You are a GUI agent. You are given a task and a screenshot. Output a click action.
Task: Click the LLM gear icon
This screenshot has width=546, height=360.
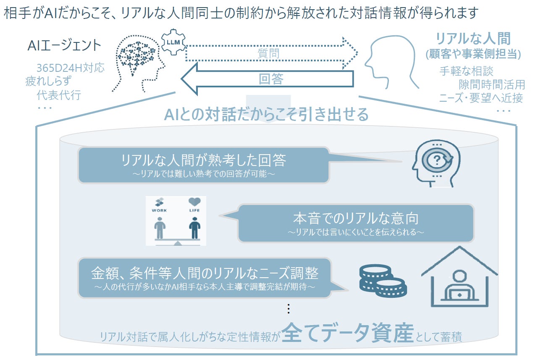[x=173, y=43]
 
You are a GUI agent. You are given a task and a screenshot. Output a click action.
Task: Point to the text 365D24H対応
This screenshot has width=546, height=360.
[x=70, y=68]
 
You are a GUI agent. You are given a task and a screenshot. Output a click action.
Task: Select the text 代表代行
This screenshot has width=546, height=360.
[x=59, y=95]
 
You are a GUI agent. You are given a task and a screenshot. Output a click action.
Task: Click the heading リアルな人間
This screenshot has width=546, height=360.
[x=473, y=39]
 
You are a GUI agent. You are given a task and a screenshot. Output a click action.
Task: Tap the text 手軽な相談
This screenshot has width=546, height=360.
[x=466, y=71]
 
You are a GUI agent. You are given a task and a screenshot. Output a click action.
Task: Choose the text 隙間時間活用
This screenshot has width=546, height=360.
[x=491, y=84]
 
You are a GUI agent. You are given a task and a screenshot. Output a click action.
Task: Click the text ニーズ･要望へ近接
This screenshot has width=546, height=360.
[x=480, y=98]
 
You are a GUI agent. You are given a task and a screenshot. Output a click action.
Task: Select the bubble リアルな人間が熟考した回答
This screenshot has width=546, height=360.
[x=203, y=165]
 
